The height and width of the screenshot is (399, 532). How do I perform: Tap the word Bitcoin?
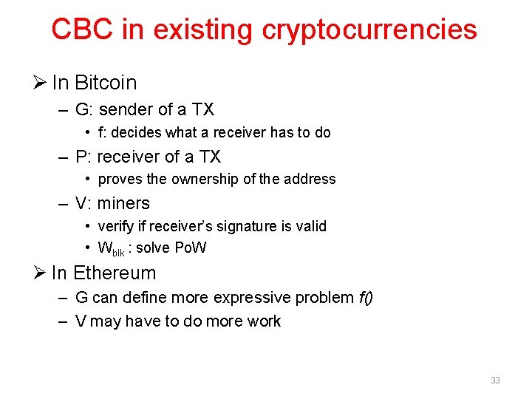tap(105, 82)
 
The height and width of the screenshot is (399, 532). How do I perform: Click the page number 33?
tap(495, 381)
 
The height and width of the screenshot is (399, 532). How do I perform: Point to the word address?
tap(312, 180)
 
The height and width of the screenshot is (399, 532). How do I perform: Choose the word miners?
tap(123, 203)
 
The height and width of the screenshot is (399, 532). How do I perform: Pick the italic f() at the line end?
tap(366, 298)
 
